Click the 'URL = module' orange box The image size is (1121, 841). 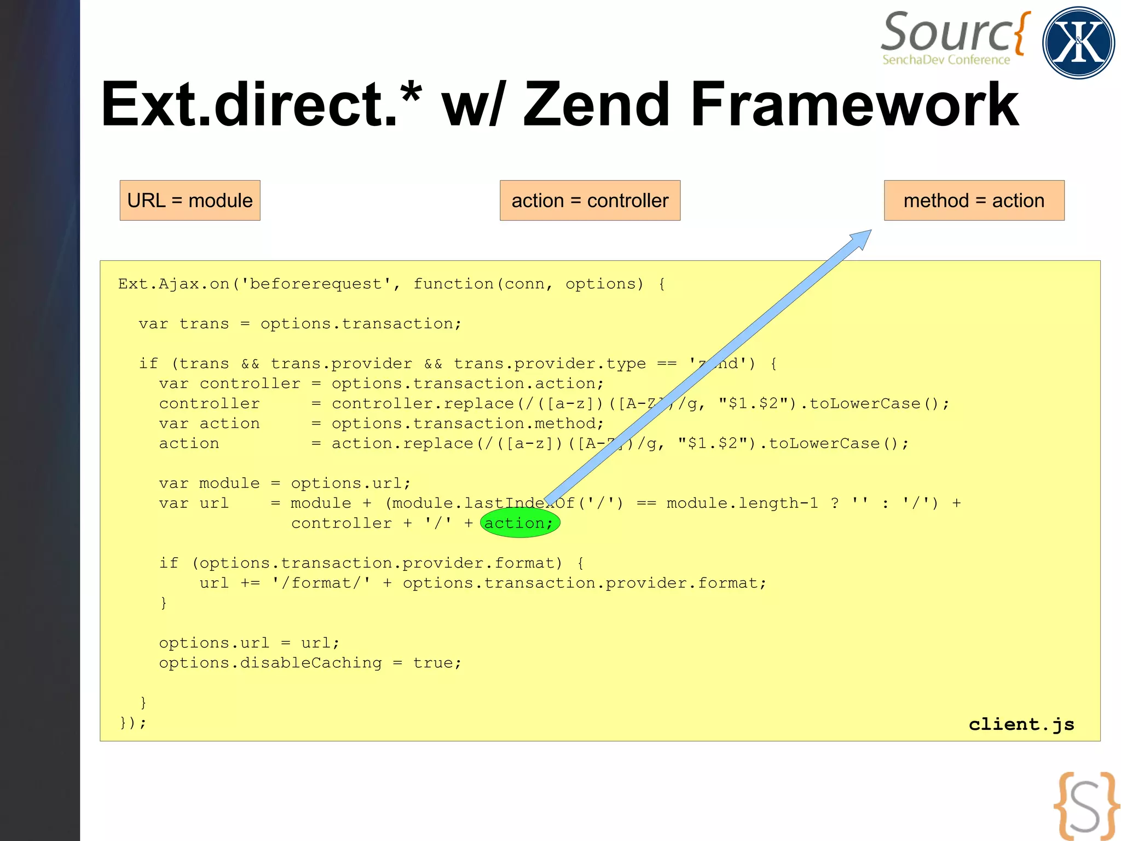pos(190,201)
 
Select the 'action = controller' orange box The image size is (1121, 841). pos(590,201)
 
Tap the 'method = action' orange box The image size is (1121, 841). pos(974,201)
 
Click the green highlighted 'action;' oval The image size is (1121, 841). pos(519,523)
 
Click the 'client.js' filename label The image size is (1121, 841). pos(1021,724)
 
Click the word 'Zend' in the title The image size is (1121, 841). pos(597,104)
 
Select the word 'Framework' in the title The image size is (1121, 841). pos(854,104)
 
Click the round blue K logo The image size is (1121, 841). pos(1078,43)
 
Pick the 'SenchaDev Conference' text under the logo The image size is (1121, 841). pos(946,60)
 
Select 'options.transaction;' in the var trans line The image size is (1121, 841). pos(361,324)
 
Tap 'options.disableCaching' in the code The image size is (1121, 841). pos(270,663)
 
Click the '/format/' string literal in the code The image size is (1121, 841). pos(321,583)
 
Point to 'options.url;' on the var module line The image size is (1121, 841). pos(350,483)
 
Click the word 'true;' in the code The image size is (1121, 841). pos(437,663)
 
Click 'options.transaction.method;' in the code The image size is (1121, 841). pos(467,424)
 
